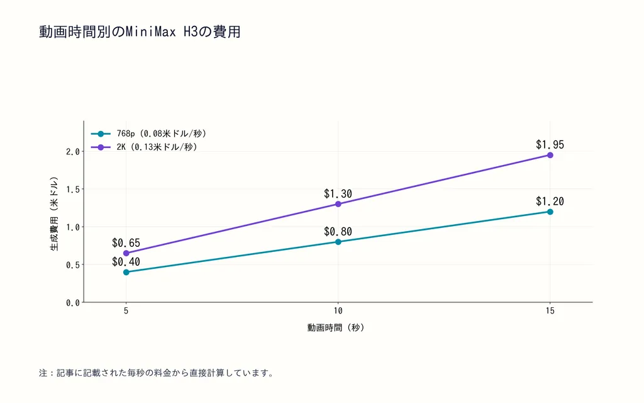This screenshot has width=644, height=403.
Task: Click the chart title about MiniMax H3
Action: coord(140,31)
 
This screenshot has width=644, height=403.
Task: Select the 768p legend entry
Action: coord(148,133)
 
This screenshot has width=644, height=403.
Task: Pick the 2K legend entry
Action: coord(144,147)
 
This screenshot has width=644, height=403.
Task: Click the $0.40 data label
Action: coord(126,262)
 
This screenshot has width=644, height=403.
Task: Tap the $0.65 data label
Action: coord(126,243)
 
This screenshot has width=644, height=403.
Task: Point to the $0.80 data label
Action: coord(338,232)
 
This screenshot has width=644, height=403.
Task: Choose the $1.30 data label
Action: coord(338,194)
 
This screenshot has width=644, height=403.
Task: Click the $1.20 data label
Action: coord(550,201)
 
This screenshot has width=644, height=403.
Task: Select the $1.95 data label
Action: coord(550,145)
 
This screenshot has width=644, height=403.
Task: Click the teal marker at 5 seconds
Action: coord(126,272)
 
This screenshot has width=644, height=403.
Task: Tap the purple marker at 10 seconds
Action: coord(338,204)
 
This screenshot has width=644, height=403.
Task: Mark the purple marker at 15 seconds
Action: coord(550,155)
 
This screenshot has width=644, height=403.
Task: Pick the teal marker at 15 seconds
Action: coord(550,212)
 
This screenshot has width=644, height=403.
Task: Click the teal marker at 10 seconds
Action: coord(338,242)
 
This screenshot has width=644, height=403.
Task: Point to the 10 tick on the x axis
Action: coord(338,311)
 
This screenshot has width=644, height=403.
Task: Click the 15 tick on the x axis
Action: coord(550,311)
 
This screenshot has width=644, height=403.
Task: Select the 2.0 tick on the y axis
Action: coord(73,152)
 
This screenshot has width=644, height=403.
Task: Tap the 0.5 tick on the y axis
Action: coord(73,265)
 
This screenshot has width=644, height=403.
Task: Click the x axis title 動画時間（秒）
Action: coord(336,327)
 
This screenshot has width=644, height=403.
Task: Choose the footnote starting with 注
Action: coord(157,373)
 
